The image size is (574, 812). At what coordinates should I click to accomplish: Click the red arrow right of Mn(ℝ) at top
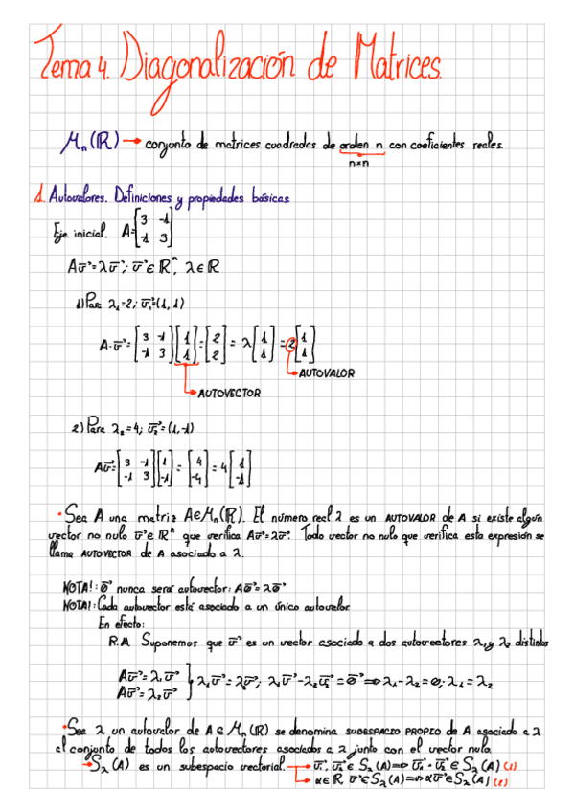click(131, 145)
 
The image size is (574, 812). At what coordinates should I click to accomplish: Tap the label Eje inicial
click(83, 233)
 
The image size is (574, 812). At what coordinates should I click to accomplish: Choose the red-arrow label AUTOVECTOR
click(229, 392)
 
